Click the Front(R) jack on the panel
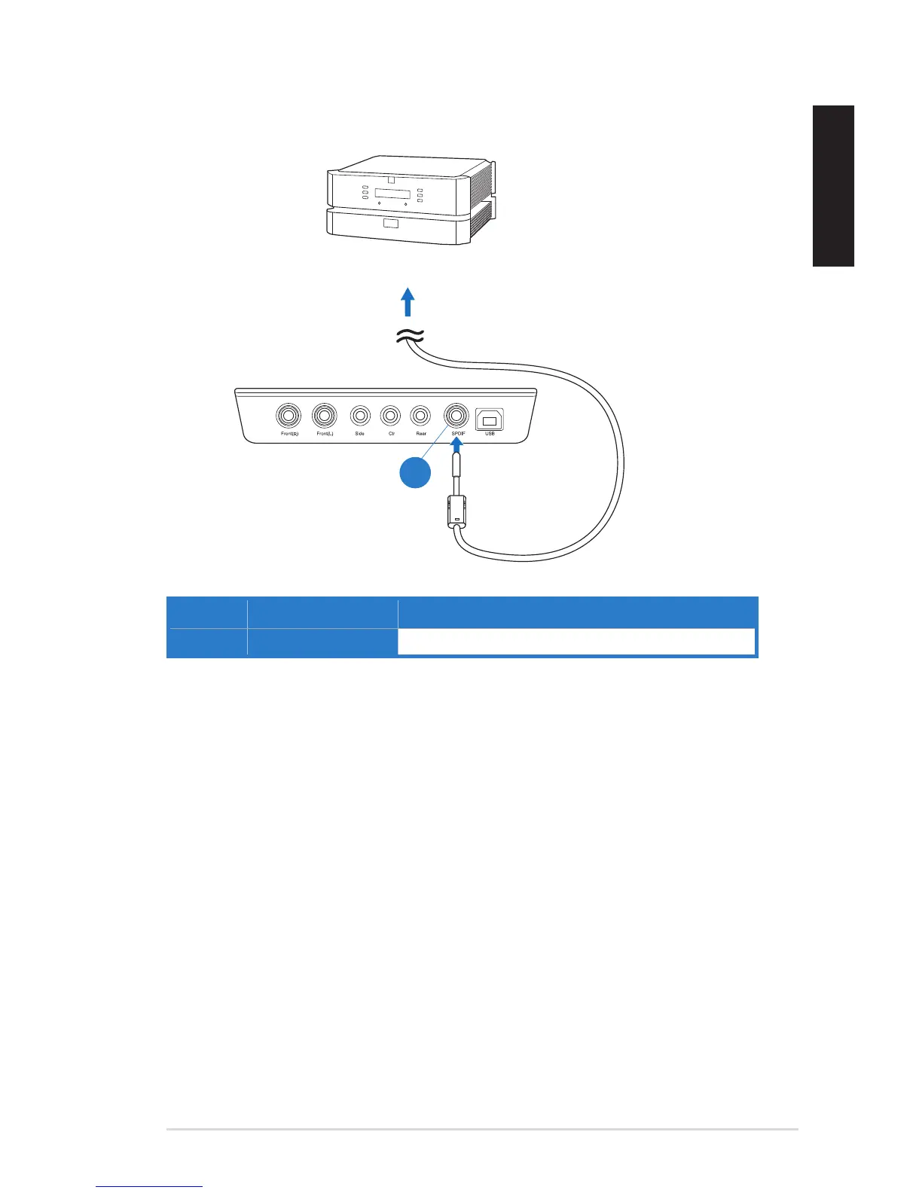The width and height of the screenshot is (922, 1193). pyautogui.click(x=289, y=415)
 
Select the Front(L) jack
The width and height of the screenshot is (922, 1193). pyautogui.click(x=325, y=415)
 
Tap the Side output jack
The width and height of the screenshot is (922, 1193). pyautogui.click(x=360, y=415)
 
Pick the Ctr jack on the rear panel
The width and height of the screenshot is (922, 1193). pyautogui.click(x=390, y=415)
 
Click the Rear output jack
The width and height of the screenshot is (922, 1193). pyautogui.click(x=420, y=415)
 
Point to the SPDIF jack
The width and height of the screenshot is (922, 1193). pyautogui.click(x=456, y=415)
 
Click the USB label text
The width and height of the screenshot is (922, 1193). pyautogui.click(x=490, y=434)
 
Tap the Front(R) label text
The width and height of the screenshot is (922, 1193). pyautogui.click(x=289, y=434)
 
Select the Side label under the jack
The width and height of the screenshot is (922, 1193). pyautogui.click(x=360, y=434)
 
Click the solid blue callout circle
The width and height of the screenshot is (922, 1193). pyautogui.click(x=414, y=473)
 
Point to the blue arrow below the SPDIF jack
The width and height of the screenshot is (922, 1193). pyautogui.click(x=455, y=449)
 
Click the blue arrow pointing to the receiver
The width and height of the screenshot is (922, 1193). pyautogui.click(x=408, y=302)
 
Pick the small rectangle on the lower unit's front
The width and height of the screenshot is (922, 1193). pyautogui.click(x=389, y=223)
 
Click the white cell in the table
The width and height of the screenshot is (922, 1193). pyautogui.click(x=576, y=642)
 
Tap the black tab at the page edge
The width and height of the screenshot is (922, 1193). pyautogui.click(x=833, y=186)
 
